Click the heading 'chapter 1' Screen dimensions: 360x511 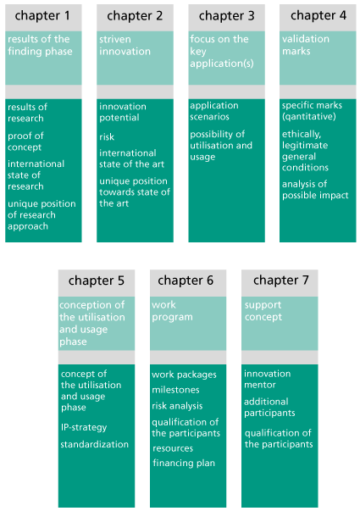pyautogui.click(x=42, y=15)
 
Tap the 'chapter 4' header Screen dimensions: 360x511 pyautogui.click(x=318, y=15)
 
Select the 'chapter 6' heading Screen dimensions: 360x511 pyautogui.click(x=186, y=280)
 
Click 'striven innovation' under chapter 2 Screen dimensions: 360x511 pyautogui.click(x=125, y=45)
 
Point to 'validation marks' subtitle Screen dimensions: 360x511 pyautogui.click(x=306, y=45)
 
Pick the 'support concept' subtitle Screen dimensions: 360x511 pyautogui.click(x=263, y=311)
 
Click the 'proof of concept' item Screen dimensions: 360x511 pyautogui.click(x=25, y=142)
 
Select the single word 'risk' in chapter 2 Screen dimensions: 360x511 pyautogui.click(x=107, y=137)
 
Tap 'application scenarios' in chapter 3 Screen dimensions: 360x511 pyautogui.click(x=214, y=111)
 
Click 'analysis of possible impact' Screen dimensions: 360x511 pyautogui.click(x=315, y=190)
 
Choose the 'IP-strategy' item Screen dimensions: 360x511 pyautogui.click(x=84, y=427)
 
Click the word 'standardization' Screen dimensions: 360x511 pyautogui.click(x=95, y=444)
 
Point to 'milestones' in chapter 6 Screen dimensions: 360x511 pyautogui.click(x=175, y=390)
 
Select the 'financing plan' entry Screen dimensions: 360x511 pyautogui.click(x=184, y=463)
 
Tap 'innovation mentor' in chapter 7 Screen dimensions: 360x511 pyautogui.click(x=267, y=380)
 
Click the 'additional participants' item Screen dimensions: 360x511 pyautogui.click(x=269, y=407)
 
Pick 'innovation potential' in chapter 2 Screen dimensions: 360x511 pyautogui.click(x=123, y=112)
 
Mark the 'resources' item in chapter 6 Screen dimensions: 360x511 pyautogui.click(x=173, y=448)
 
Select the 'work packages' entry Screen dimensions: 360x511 pyautogui.click(x=184, y=375)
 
